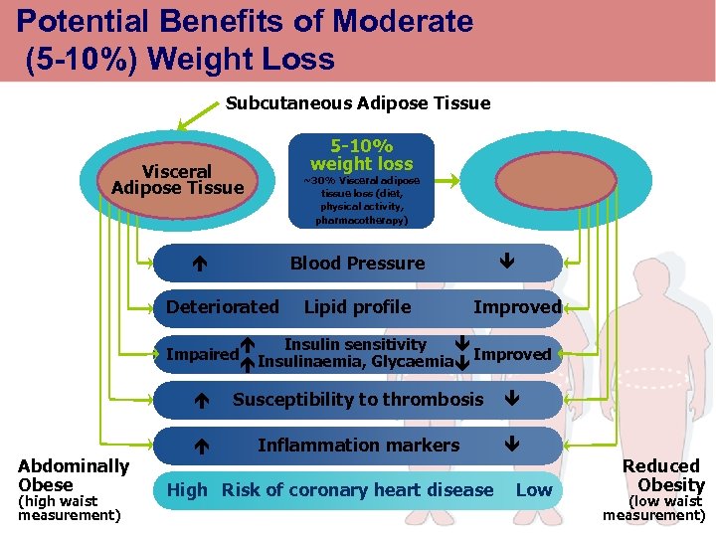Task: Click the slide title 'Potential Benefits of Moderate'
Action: tap(245, 21)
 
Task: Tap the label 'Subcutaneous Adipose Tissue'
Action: tap(358, 102)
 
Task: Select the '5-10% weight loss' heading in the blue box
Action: tap(361, 154)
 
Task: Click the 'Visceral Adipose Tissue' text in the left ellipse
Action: tap(177, 180)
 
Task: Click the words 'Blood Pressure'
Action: tap(357, 264)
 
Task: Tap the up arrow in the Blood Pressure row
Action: tap(199, 265)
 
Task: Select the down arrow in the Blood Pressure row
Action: tap(506, 263)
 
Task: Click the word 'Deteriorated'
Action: tap(223, 307)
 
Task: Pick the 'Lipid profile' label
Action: tap(357, 307)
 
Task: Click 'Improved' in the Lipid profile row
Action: tap(517, 307)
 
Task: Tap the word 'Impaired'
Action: tap(203, 355)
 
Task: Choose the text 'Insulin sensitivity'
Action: tap(355, 344)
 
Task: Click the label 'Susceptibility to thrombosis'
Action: tap(357, 400)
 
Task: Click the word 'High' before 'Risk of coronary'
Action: tap(187, 489)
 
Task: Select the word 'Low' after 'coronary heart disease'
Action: tap(533, 489)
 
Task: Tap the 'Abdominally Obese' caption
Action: tap(74, 475)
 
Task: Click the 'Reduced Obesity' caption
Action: tap(661, 475)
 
